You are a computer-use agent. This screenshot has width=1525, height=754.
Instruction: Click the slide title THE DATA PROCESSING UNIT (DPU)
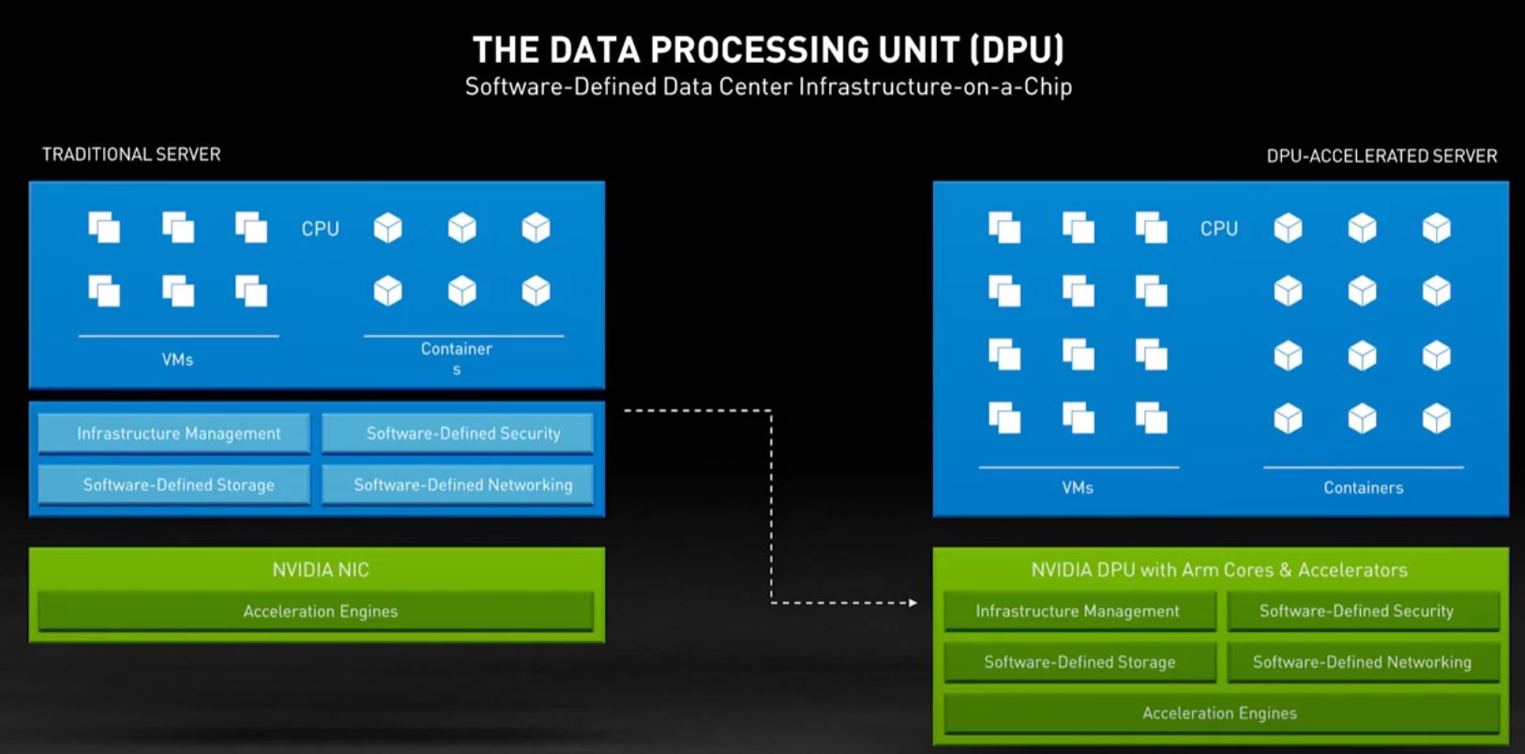pyautogui.click(x=768, y=49)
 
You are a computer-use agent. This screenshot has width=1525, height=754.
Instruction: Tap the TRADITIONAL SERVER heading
pyautogui.click(x=131, y=155)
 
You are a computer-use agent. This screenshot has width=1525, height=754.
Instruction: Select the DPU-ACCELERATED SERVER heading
pyautogui.click(x=1382, y=157)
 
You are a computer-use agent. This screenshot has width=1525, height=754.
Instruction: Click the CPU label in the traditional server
pyautogui.click(x=320, y=229)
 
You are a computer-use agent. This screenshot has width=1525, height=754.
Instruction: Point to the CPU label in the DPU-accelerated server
pyautogui.click(x=1219, y=229)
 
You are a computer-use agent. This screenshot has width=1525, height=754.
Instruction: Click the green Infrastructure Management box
pyautogui.click(x=1079, y=611)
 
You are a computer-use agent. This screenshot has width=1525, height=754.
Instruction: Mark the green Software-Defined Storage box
pyautogui.click(x=1079, y=662)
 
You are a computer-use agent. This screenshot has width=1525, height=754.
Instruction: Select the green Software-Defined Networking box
pyautogui.click(x=1363, y=662)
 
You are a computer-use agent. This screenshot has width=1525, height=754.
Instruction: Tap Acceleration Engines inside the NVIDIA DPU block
pyautogui.click(x=1220, y=714)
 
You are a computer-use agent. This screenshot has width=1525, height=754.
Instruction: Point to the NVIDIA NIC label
pyautogui.click(x=321, y=569)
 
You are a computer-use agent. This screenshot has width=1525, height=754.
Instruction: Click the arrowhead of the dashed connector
pyautogui.click(x=913, y=603)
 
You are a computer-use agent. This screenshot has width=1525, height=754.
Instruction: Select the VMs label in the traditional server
pyautogui.click(x=177, y=359)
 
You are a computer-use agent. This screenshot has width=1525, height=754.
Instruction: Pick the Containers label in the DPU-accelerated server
pyautogui.click(x=1364, y=488)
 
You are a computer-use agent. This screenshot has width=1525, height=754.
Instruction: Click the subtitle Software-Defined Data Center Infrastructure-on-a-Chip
pyautogui.click(x=768, y=87)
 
